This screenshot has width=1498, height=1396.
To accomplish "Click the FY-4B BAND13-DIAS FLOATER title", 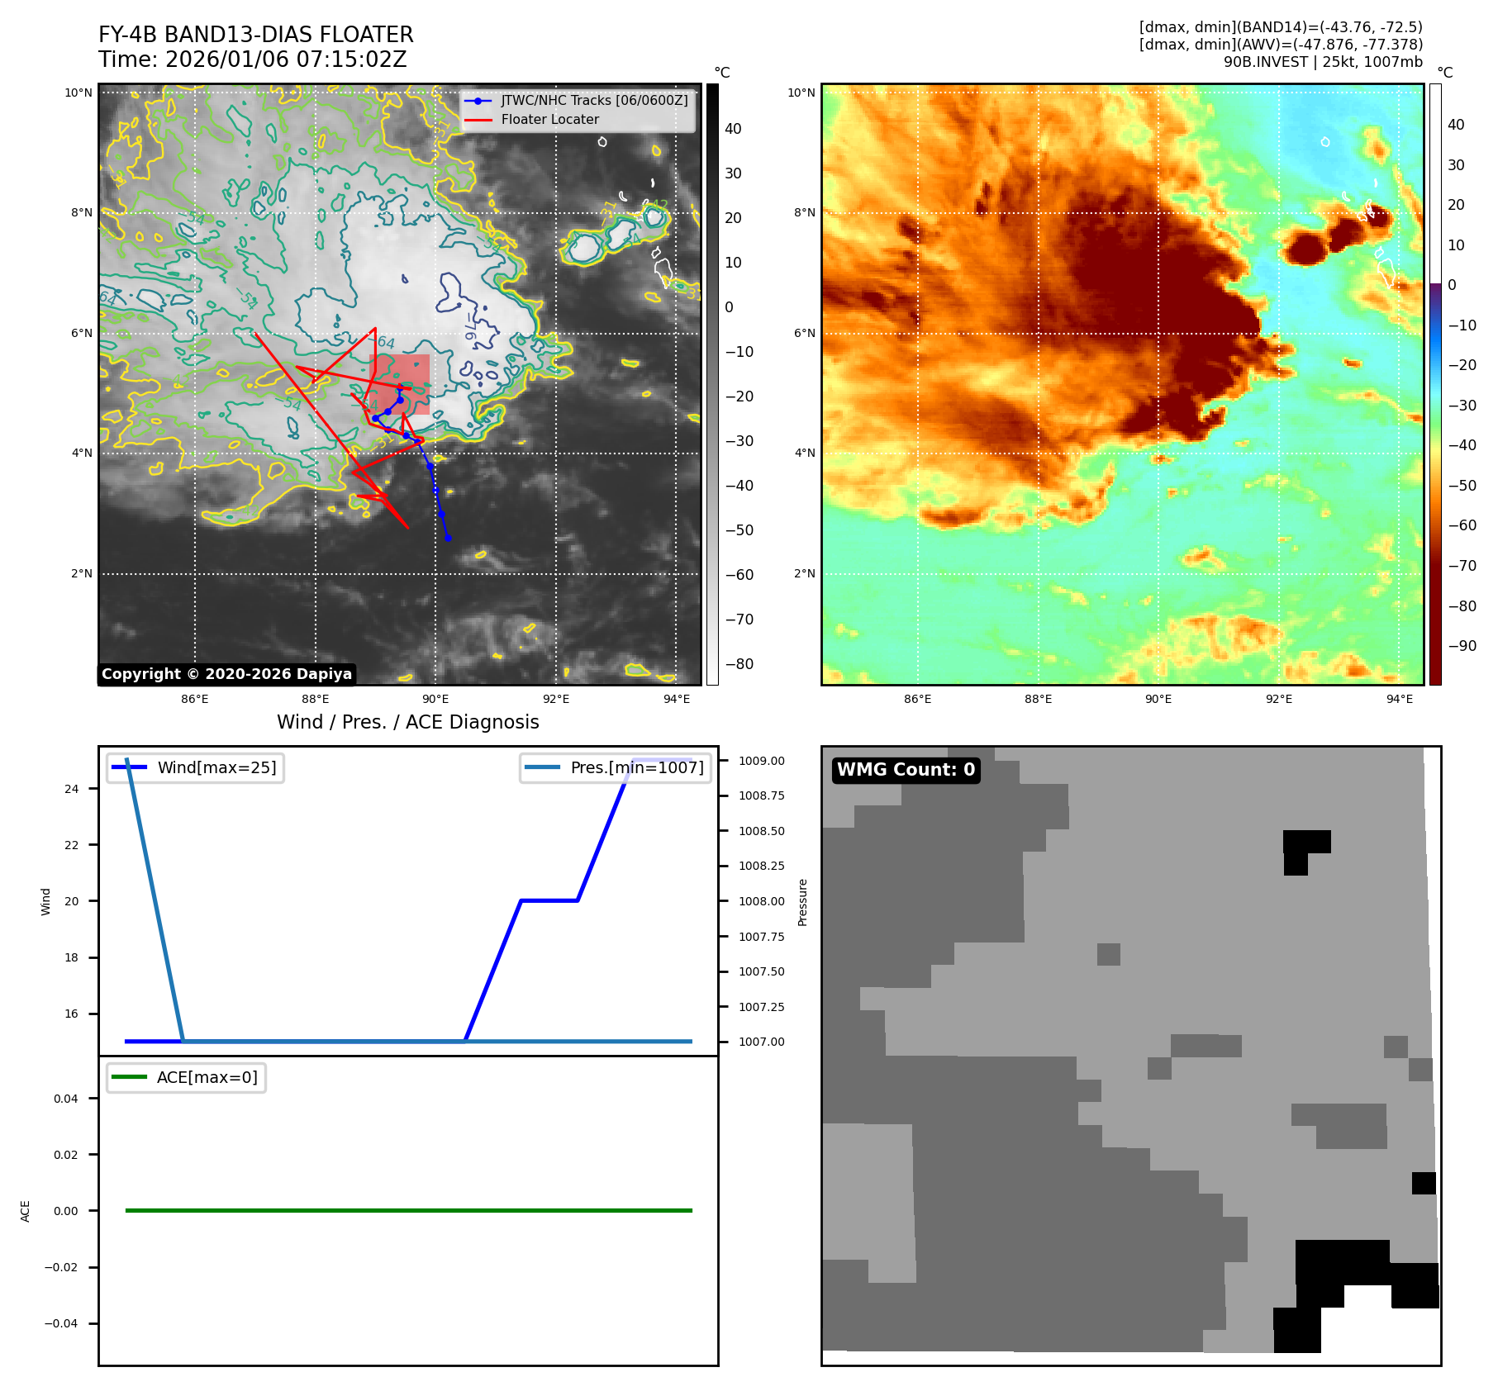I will (255, 35).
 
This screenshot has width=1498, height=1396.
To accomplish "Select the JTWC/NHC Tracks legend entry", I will (594, 100).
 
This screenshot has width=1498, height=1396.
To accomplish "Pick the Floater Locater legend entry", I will (549, 120).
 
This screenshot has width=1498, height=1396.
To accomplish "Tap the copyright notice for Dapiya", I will (226, 674).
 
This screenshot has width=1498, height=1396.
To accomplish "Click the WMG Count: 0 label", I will (906, 770).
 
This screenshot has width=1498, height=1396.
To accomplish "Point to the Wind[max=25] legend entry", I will (216, 767).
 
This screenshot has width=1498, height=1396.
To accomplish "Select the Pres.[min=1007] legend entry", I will (637, 767).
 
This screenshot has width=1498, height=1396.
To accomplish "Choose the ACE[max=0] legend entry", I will (207, 1077).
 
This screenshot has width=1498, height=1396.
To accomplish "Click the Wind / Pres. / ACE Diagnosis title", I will (407, 722).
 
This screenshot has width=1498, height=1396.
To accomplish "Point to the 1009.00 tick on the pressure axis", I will (761, 761).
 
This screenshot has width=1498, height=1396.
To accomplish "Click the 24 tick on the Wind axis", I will (72, 789).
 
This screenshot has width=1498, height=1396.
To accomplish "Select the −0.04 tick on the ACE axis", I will (61, 1323).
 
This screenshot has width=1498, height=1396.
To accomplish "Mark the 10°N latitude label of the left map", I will (79, 93).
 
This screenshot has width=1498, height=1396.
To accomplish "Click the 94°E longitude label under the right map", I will (1399, 699).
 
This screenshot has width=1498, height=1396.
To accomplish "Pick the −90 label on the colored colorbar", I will (1462, 646).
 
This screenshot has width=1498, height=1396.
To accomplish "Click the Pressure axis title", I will (802, 902).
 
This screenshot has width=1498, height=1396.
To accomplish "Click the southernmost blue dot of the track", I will (448, 539).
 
